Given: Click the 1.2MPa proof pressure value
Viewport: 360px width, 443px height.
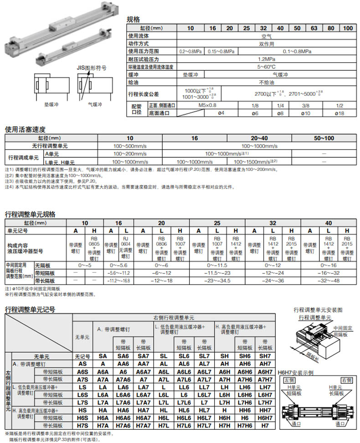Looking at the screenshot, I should pos(265,59).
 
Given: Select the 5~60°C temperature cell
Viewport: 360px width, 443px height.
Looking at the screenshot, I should pos(265,67).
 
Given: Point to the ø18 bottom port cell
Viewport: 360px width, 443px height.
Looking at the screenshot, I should pos(339,113).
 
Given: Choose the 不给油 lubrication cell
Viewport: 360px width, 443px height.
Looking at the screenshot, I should pos(265,82).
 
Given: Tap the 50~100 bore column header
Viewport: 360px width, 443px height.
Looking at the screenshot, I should pos(324,138).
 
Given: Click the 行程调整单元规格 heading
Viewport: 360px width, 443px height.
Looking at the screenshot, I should pos(30,214).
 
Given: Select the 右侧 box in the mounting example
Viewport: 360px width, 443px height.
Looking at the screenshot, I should pos(346,380).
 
